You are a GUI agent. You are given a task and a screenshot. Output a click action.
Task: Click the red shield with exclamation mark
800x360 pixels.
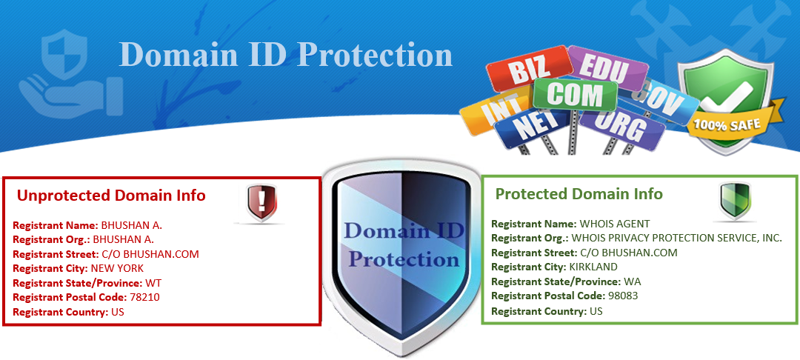pyautogui.click(x=262, y=201)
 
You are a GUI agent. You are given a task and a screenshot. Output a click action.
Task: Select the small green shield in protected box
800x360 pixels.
pyautogui.click(x=736, y=199)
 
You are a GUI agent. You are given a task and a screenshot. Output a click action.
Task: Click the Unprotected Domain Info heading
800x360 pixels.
pyautogui.click(x=111, y=196)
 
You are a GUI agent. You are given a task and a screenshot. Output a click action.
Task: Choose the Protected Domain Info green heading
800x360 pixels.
pyautogui.click(x=579, y=194)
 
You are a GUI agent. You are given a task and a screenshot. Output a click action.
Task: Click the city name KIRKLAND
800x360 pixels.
pyautogui.click(x=593, y=267)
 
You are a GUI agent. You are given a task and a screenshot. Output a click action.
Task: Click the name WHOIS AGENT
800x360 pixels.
pyautogui.click(x=614, y=223)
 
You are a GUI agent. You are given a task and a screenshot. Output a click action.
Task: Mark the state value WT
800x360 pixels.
pyautogui.click(x=153, y=283)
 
